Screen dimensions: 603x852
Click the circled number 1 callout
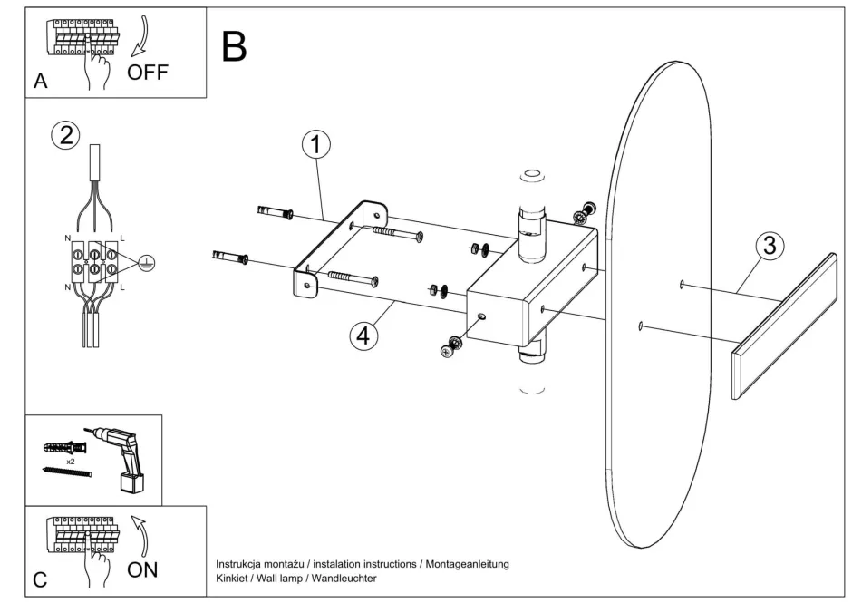317,145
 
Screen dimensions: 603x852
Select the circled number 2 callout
64,136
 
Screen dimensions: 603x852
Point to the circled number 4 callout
363,335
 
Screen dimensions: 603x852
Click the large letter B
234,46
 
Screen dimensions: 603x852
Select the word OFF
148,72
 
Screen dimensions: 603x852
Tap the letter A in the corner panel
40,81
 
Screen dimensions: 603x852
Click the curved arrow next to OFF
143,36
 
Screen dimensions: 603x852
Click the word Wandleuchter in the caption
347,578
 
